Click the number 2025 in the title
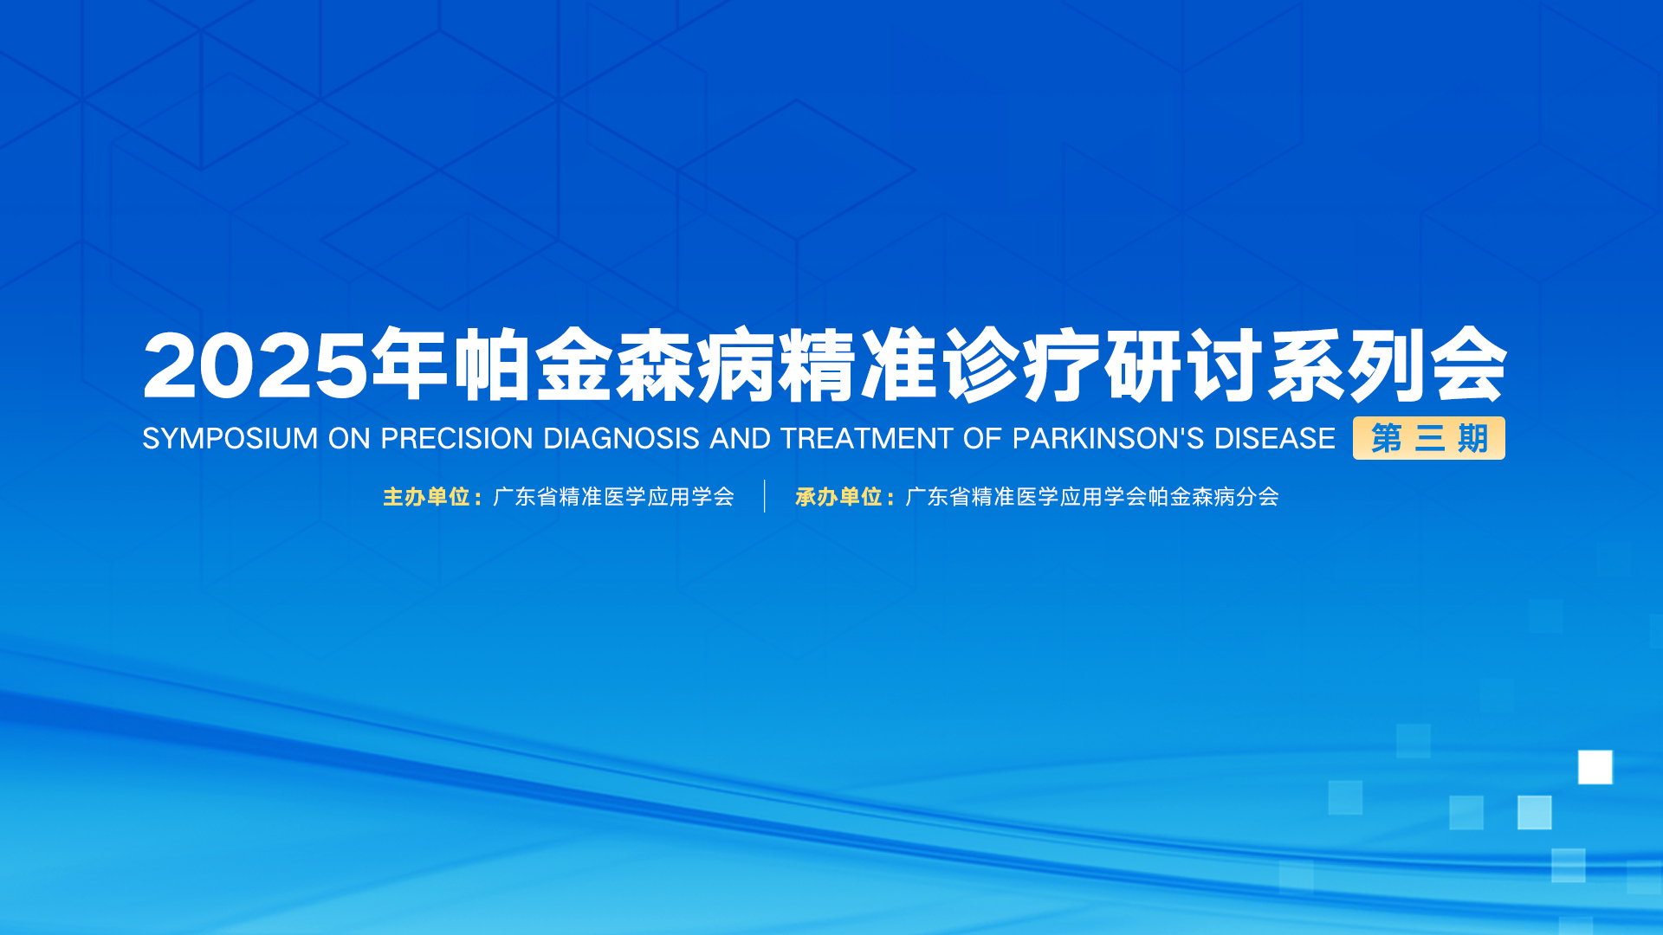tap(256, 365)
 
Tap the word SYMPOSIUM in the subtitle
tap(230, 439)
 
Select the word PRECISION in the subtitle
tap(456, 439)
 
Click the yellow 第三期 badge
tap(1429, 438)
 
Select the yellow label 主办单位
tap(427, 497)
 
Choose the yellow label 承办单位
tap(839, 497)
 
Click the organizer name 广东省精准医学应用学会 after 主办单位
tap(614, 497)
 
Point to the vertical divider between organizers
tap(765, 496)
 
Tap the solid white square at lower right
tap(1595, 767)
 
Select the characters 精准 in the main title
tap(857, 365)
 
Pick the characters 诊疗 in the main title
tap(1020, 365)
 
